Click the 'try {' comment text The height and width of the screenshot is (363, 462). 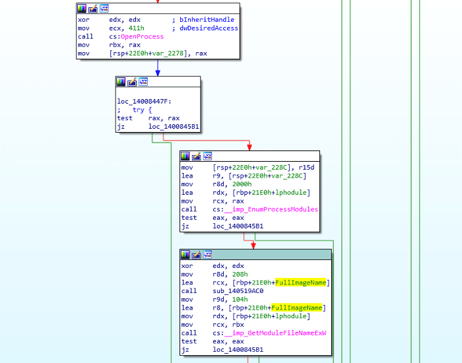142,110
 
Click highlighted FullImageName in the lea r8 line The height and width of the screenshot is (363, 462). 297,308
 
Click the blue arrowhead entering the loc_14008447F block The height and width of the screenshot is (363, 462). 158,72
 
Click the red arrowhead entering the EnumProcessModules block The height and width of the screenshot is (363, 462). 249,147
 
